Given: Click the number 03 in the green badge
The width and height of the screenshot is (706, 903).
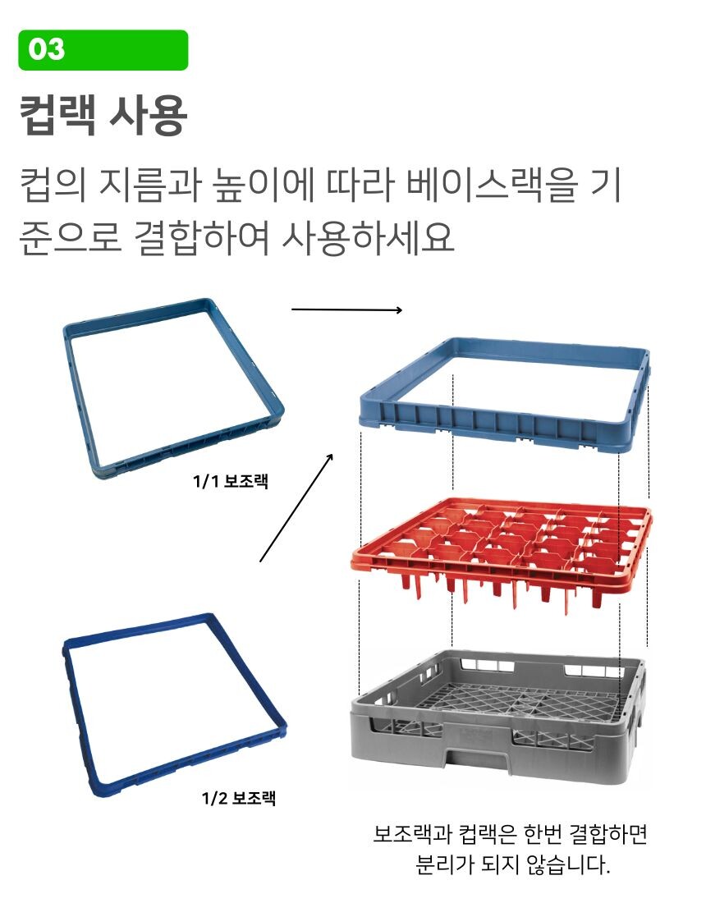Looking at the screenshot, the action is (x=46, y=49).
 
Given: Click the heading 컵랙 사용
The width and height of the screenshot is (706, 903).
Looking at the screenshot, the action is (x=103, y=116).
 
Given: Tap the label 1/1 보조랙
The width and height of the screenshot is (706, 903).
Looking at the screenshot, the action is (x=231, y=481).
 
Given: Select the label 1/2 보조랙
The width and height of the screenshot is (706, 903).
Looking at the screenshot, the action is (x=238, y=798).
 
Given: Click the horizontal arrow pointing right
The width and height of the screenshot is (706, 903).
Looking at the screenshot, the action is (x=346, y=309).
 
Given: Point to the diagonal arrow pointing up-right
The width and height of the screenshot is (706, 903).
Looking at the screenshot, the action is (x=296, y=507).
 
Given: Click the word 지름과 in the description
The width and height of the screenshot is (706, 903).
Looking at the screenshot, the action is (x=151, y=185).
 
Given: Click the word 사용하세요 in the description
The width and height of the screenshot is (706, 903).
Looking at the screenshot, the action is (x=368, y=238).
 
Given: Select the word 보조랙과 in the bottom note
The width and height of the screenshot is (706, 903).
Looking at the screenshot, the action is (x=411, y=833).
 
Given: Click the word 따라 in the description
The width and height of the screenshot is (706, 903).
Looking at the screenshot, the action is (x=360, y=185).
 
